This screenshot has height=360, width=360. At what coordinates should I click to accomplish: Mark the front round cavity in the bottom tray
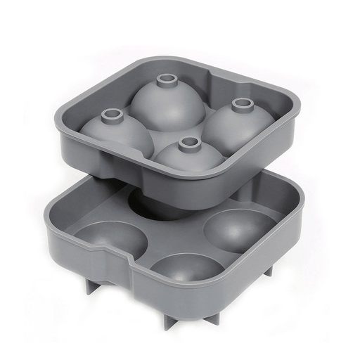[186, 271]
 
